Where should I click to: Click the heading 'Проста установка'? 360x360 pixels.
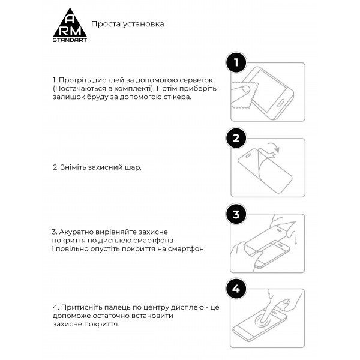(127, 25)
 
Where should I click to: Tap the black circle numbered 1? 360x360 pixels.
(236, 62)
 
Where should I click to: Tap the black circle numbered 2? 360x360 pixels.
(236, 139)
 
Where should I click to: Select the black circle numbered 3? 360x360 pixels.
(236, 214)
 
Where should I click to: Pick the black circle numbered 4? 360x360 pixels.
(236, 289)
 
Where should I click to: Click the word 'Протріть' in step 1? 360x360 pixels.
(74, 80)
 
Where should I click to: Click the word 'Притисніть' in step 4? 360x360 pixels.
(80, 307)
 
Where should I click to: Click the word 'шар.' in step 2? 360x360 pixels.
(135, 167)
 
